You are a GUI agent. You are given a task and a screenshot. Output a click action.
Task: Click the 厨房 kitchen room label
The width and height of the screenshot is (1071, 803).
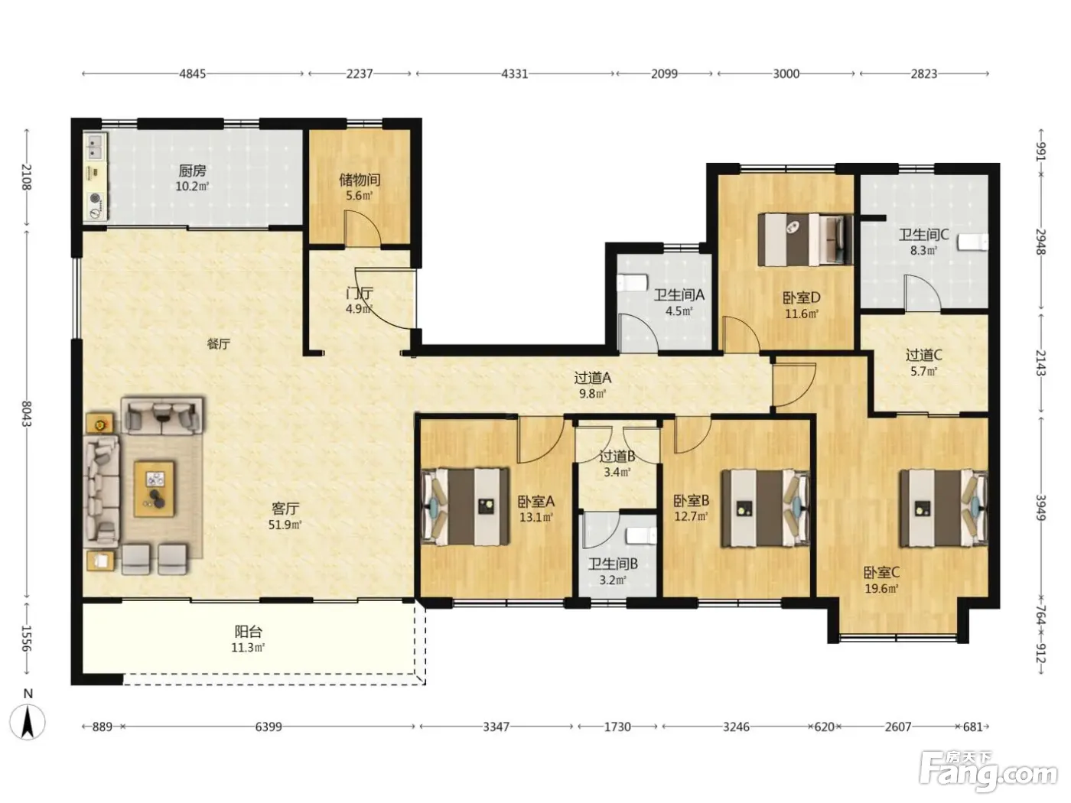point(192,171)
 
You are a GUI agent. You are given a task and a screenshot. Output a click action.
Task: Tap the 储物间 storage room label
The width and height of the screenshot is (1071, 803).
point(360,180)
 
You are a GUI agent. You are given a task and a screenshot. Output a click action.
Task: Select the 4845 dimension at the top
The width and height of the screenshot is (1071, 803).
point(192,73)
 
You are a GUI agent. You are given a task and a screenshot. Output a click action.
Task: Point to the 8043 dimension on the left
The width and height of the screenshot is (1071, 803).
point(27,414)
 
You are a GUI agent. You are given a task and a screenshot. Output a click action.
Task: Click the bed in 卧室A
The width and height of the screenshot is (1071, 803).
point(465,506)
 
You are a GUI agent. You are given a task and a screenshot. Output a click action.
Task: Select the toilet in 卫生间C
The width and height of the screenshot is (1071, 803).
point(972,242)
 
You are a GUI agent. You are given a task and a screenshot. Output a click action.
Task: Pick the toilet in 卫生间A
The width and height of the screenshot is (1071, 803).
point(632,283)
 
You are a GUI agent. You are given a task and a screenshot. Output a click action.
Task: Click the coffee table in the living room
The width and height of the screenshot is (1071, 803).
point(155,489)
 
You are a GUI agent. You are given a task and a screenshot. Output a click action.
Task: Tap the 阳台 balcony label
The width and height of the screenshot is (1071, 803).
point(249,632)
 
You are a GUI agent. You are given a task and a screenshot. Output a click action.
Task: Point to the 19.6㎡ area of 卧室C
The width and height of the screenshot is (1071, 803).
point(882,588)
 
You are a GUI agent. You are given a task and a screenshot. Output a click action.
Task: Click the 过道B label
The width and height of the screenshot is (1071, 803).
point(617,457)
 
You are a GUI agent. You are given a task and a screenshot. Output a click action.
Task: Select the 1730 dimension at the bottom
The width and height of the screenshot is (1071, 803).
point(617,727)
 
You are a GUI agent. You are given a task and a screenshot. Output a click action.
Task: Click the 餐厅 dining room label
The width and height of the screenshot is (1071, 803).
point(218,344)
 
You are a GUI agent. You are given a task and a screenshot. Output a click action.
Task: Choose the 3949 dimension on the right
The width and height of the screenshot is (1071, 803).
point(1040,508)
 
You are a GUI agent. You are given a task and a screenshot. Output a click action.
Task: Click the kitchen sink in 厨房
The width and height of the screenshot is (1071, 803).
point(95,146)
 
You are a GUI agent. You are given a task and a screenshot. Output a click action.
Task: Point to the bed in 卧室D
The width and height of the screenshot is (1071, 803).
point(806,239)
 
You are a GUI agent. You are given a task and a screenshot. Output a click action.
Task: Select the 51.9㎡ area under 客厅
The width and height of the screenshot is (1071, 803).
point(285,525)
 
